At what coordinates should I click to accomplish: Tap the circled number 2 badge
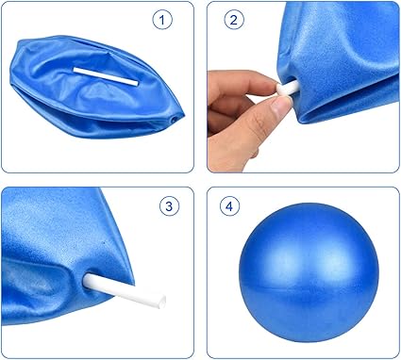pyautogui.click(x=232, y=20)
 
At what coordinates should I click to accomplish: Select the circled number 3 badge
pyautogui.click(x=167, y=206)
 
